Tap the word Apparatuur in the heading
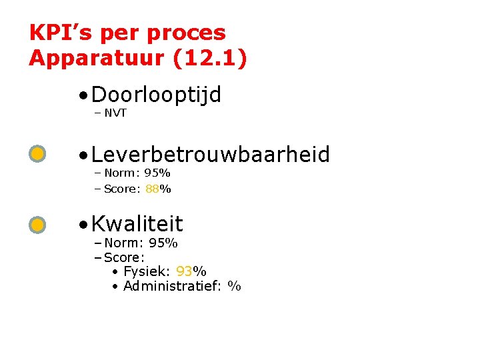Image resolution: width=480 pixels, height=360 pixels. click(x=97, y=58)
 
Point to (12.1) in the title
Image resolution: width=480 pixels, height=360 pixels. click(x=209, y=58)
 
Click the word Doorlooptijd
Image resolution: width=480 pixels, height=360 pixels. click(x=156, y=96)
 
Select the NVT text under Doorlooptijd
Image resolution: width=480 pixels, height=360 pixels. click(x=115, y=113)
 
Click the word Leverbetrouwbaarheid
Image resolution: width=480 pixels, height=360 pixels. click(x=210, y=155)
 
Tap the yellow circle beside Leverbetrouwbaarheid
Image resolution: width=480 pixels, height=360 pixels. click(x=38, y=155)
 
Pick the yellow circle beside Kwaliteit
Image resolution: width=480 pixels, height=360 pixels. click(x=38, y=225)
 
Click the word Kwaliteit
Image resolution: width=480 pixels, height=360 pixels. click(x=137, y=223)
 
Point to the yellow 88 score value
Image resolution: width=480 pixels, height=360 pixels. click(x=151, y=189)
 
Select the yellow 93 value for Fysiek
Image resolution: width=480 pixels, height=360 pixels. click(x=185, y=271)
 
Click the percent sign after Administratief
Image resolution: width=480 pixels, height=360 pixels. click(x=234, y=286)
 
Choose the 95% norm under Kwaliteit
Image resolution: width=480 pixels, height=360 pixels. click(x=163, y=243)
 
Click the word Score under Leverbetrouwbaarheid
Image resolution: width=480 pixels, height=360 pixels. click(x=121, y=189)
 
